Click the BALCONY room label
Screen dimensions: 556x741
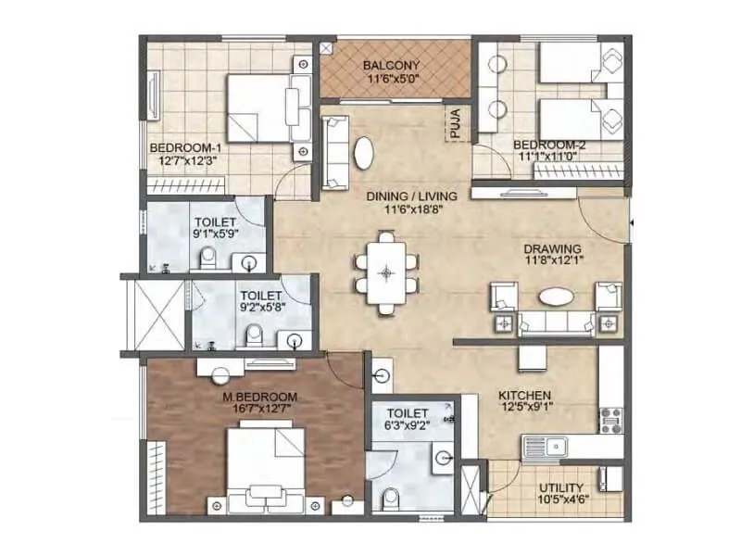coord(391,65)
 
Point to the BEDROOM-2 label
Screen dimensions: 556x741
coord(550,145)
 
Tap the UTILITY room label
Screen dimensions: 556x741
coord(560,487)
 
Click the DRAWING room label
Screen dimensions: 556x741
coord(551,248)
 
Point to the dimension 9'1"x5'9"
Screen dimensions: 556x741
coord(215,235)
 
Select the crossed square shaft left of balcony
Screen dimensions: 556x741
coord(326,48)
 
